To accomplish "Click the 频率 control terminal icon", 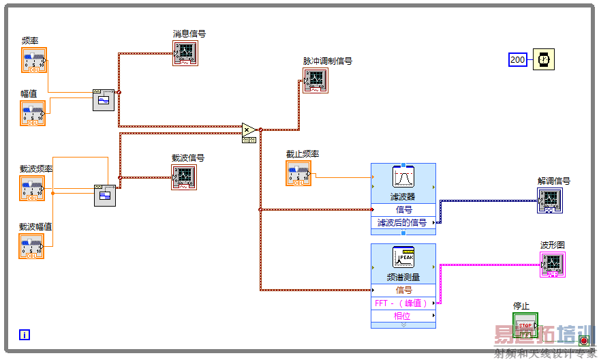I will click(33, 60).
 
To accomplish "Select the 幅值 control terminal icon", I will click(33, 113).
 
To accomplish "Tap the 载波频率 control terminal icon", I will click(32, 188).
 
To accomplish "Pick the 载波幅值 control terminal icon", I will click(31, 246).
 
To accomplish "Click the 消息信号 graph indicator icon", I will click(185, 52).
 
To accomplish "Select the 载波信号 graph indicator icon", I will click(184, 177).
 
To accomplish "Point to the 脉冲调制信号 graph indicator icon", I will click(316, 80).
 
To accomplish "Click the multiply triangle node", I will click(249, 129).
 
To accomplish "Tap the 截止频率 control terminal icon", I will click(298, 173).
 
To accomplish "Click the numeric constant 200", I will click(518, 60).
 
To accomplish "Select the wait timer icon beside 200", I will click(544, 60).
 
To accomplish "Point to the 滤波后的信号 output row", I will click(403, 222).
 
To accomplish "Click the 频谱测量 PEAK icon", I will click(403, 258).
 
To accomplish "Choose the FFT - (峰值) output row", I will click(403, 303).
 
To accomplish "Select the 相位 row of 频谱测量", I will click(403, 316).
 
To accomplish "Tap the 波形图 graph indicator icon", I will click(552, 265).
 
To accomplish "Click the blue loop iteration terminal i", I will click(25, 334).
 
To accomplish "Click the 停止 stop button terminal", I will click(525, 325).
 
